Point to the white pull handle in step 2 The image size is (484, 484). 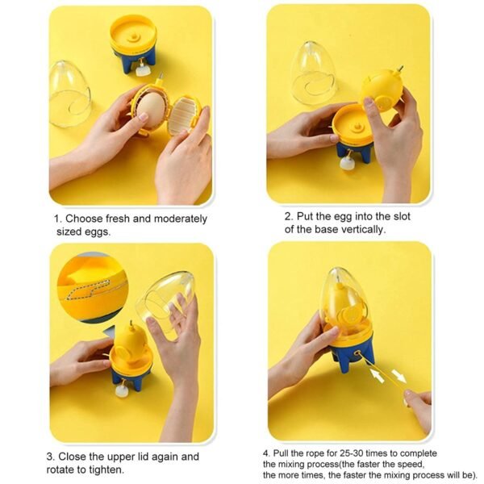348,164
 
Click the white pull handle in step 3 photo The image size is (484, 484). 122,392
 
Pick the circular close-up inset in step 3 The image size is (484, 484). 91,288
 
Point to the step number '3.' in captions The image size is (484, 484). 50,457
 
